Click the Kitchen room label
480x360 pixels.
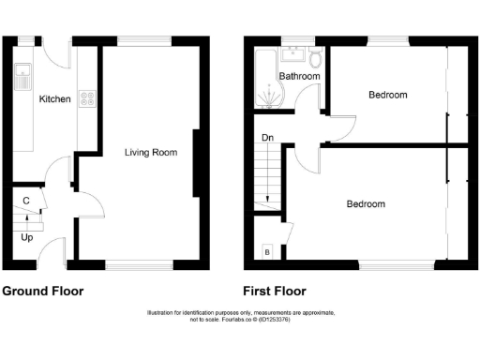[x=54, y=98]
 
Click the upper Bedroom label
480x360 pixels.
[x=387, y=95]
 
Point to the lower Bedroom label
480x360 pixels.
[x=366, y=203]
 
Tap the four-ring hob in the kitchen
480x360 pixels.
[x=87, y=97]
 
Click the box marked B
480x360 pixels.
[x=267, y=252]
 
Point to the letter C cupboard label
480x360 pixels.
[x=25, y=201]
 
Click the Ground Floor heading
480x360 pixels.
[x=43, y=291]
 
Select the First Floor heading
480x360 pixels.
[x=274, y=291]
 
